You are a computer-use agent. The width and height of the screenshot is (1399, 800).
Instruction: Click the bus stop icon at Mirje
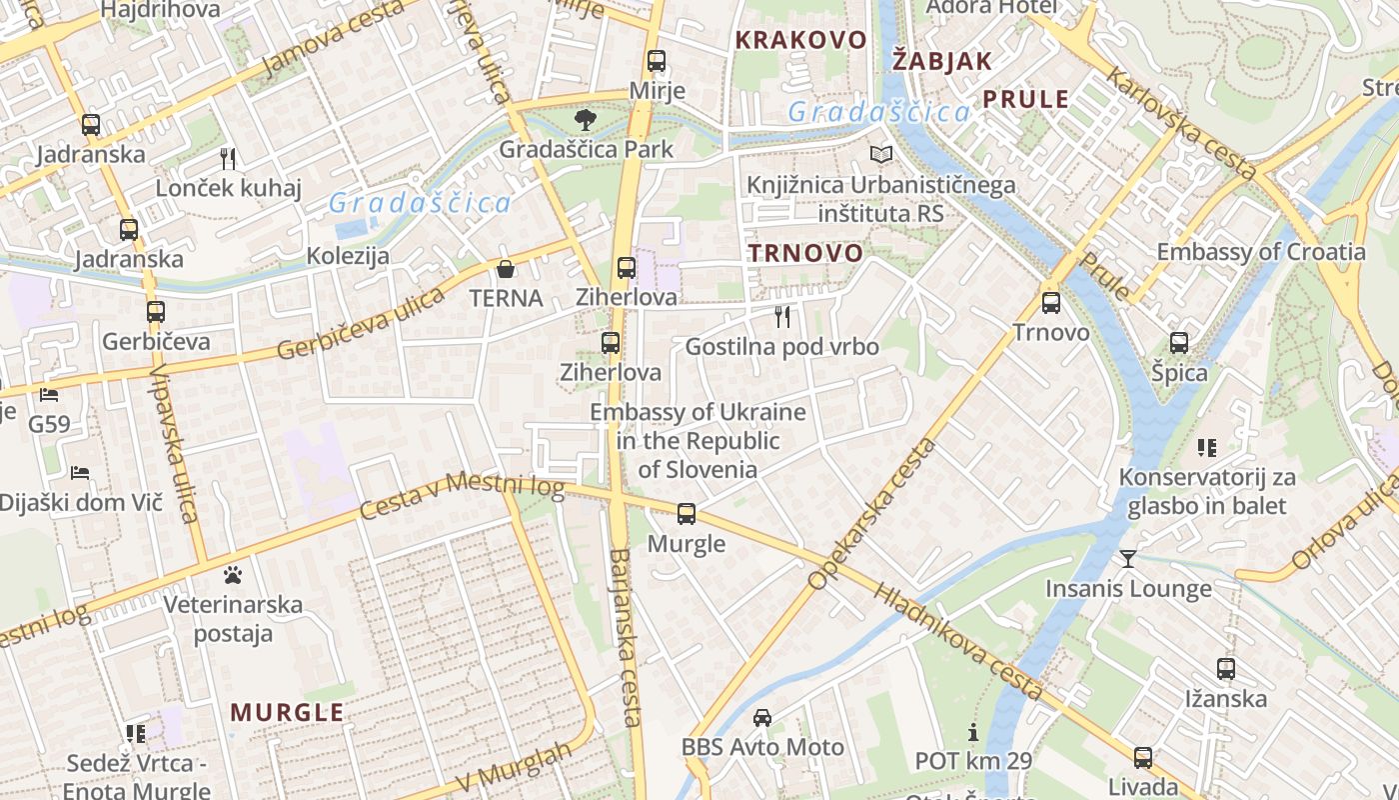pos(657,61)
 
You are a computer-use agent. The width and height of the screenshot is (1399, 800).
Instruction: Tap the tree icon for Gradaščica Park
pos(585,120)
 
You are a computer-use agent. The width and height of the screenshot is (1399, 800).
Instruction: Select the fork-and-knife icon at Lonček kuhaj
pos(228,158)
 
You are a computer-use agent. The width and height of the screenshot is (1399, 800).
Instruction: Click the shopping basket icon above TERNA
pos(506,269)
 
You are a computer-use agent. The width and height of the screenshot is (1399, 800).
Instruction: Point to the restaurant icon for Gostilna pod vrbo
pos(782,317)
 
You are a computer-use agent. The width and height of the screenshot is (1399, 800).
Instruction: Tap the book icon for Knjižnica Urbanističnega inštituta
pos(880,154)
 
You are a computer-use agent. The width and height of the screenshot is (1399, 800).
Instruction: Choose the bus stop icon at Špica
pos(1179,343)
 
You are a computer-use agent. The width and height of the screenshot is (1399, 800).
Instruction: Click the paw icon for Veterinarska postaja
pos(233,575)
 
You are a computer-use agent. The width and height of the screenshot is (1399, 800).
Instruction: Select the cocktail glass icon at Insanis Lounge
pos(1128,558)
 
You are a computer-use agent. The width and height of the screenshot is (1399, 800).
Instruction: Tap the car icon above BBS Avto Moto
pos(762,717)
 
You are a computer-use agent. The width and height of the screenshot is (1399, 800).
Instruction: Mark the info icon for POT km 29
pos(973,732)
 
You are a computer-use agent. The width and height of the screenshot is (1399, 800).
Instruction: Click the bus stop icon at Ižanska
pos(1226,669)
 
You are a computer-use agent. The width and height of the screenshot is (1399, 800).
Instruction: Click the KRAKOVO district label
pos(800,40)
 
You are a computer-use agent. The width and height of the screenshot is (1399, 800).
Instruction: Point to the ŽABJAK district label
pos(941,60)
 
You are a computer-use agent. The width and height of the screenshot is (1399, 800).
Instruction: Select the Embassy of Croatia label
pos(1260,251)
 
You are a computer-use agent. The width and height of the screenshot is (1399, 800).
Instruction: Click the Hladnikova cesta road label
pos(959,640)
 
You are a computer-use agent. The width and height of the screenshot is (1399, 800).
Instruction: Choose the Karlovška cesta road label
pos(1183,125)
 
